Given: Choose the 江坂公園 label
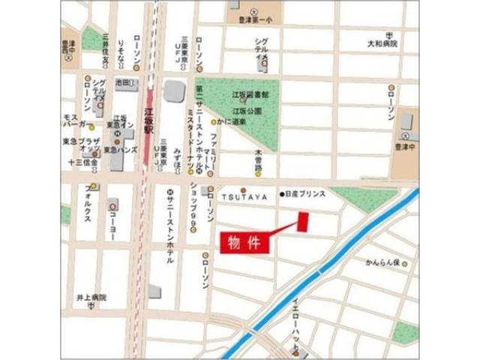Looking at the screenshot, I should pyautogui.click(x=247, y=109).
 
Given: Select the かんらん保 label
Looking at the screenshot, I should pyautogui.click(x=385, y=263).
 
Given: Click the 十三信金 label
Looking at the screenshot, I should pyautogui.click(x=82, y=160).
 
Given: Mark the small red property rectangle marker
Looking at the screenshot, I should pyautogui.click(x=303, y=222).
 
